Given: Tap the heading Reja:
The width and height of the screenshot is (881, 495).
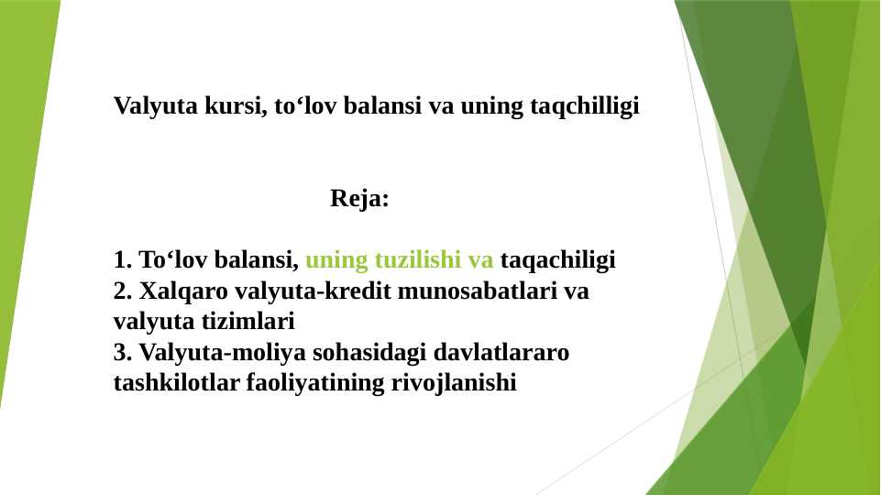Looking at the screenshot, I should (x=359, y=199).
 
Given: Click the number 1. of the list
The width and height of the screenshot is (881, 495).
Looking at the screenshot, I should (x=123, y=260).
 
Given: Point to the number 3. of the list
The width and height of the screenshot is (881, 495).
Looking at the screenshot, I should (x=123, y=352).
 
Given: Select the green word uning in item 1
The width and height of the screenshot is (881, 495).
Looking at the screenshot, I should (x=336, y=260).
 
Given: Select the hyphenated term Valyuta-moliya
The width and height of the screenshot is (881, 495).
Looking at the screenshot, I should (x=207, y=352).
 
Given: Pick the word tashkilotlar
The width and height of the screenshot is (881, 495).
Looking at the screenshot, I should (x=175, y=382).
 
